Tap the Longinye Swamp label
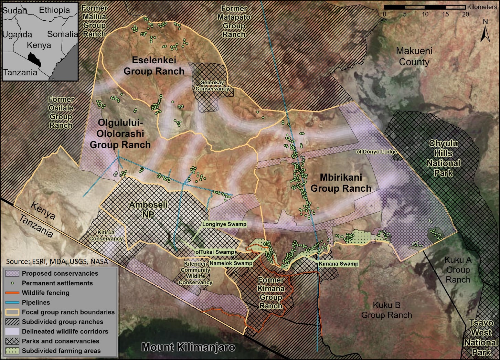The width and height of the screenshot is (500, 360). pos(224,224)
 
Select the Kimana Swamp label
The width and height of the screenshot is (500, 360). pos(339,264)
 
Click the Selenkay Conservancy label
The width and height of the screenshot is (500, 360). pos(212,86)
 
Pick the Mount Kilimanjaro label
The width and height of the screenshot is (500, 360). pos(189,347)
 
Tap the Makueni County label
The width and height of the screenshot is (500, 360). pos(414,56)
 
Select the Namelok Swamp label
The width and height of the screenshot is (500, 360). pos(231,263)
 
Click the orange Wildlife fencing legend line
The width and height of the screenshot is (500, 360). pos(12,293)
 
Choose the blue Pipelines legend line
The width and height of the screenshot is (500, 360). pos(12,303)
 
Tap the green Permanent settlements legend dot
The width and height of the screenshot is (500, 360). pos(12,283)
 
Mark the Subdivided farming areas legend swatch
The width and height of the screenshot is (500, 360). pos(12,351)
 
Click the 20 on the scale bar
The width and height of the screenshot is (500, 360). pos(465,14)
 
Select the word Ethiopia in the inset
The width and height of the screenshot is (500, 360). pos(54,10)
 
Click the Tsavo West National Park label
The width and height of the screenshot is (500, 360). pos(481,338)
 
